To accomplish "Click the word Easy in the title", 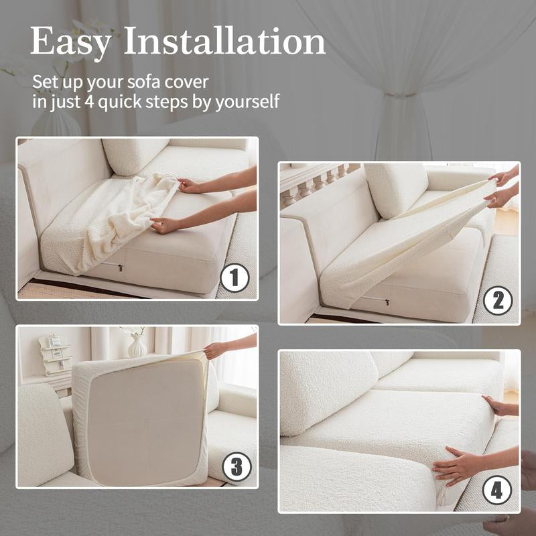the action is (x=70, y=42).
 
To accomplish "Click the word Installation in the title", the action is (x=224, y=41).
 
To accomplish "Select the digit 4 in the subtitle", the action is (x=89, y=102).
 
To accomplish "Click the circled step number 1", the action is (x=235, y=278).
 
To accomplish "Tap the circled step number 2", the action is (x=498, y=300).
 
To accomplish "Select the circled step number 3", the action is (x=237, y=466).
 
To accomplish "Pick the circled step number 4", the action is (x=497, y=490).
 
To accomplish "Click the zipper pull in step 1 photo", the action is (x=121, y=267).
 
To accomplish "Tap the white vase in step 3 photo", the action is (x=137, y=346).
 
